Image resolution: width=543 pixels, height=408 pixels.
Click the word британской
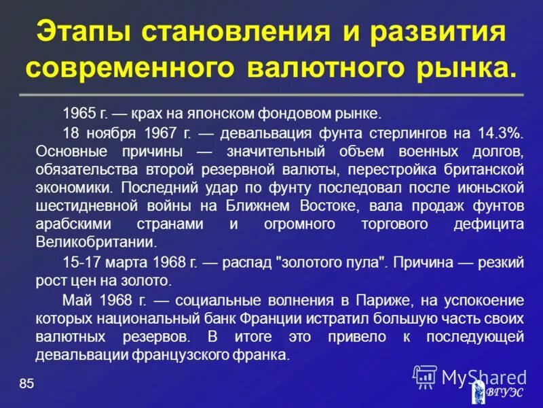point(483,168)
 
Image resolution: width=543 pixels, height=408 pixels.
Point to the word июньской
point(493,186)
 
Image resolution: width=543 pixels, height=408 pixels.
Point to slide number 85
point(26,384)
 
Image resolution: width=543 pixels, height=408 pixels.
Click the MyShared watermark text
point(483,376)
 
